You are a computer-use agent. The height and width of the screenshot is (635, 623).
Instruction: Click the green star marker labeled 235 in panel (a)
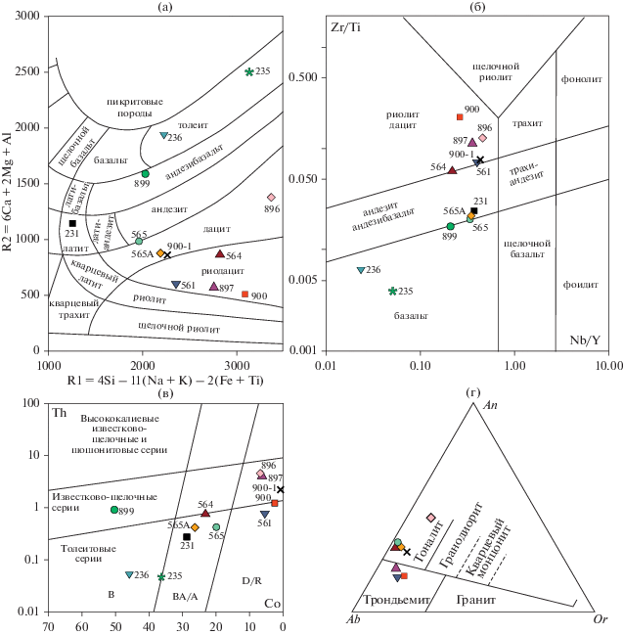click(x=249, y=71)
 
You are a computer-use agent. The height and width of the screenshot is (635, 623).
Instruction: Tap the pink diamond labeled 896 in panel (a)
click(x=271, y=198)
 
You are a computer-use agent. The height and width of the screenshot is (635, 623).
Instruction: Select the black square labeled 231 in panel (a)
click(x=72, y=224)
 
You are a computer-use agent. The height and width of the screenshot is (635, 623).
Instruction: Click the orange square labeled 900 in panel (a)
click(x=245, y=294)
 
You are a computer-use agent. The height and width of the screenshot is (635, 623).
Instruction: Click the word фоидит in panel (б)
click(x=581, y=286)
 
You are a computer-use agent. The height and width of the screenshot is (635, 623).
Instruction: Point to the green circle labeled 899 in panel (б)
click(x=451, y=226)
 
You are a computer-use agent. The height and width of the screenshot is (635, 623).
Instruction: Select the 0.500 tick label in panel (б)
click(x=303, y=77)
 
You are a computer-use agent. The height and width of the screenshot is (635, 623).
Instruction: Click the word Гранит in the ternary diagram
click(x=475, y=597)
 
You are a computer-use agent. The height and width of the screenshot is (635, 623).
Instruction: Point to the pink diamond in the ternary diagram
click(x=430, y=517)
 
